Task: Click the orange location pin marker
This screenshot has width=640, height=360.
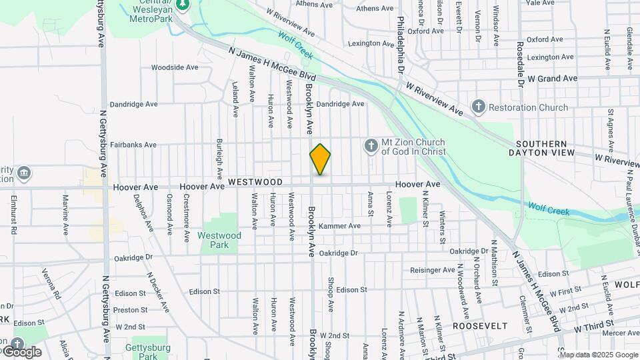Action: click(320, 159)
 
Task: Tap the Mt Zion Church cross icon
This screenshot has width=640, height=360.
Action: click(370, 145)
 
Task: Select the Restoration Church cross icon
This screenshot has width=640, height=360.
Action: click(478, 107)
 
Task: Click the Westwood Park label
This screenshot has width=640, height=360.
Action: click(219, 240)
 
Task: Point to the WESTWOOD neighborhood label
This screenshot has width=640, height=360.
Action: click(255, 182)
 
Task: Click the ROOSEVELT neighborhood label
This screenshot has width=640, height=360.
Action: click(480, 326)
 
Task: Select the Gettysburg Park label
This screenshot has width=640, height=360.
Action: click(148, 351)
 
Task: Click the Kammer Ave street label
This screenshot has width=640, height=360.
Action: click(339, 226)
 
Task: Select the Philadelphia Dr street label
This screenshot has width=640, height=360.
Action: click(401, 45)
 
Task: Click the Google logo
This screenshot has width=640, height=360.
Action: click(21, 351)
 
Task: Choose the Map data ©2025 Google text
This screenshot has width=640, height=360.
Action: click(599, 355)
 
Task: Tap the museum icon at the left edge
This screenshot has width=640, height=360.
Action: click(24, 174)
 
